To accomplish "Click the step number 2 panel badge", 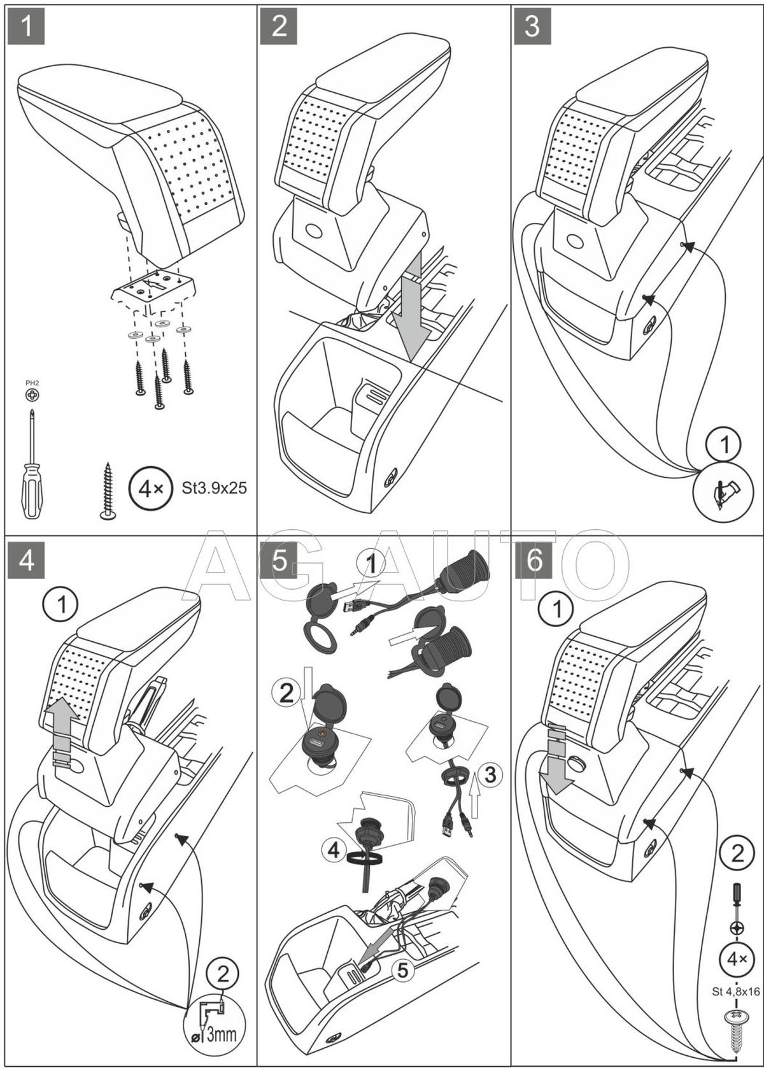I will click(x=279, y=25).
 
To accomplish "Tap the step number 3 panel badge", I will click(x=533, y=25).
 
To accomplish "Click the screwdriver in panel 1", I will click(x=32, y=465).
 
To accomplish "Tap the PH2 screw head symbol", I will click(x=31, y=395).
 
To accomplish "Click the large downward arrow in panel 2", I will click(x=407, y=306).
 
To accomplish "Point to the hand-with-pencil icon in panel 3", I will click(x=723, y=491).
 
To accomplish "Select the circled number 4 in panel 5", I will click(x=334, y=849).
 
